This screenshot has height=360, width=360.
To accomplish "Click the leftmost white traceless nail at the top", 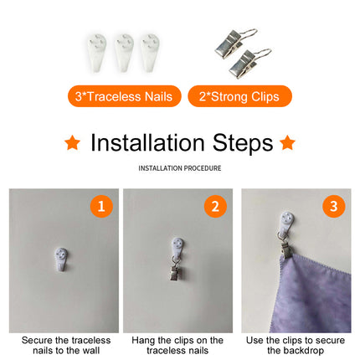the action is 96,53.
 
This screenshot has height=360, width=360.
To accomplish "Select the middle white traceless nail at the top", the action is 124,53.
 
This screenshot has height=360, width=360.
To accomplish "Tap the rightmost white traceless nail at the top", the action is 150,53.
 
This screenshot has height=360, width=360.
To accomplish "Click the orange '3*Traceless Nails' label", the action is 124,96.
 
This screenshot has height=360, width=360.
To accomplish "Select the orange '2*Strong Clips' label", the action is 239,96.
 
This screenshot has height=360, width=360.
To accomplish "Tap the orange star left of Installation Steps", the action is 73,142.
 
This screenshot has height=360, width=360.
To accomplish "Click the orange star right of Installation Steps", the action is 287,142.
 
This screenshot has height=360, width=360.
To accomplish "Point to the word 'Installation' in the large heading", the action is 148,143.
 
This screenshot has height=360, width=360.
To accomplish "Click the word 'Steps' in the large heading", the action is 243,144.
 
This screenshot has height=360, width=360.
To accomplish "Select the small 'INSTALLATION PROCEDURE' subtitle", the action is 180,168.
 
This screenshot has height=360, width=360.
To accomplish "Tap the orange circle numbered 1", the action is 101,207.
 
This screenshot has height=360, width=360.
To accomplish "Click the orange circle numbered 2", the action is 215,207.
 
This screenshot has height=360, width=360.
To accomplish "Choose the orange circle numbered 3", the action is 334,207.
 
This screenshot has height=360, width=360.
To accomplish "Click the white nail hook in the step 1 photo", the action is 61,260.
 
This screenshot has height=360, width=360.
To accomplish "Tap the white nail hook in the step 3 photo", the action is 287,224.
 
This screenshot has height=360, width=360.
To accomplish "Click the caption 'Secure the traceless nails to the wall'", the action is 66,346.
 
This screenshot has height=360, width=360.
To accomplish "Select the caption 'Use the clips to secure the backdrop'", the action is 296,346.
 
